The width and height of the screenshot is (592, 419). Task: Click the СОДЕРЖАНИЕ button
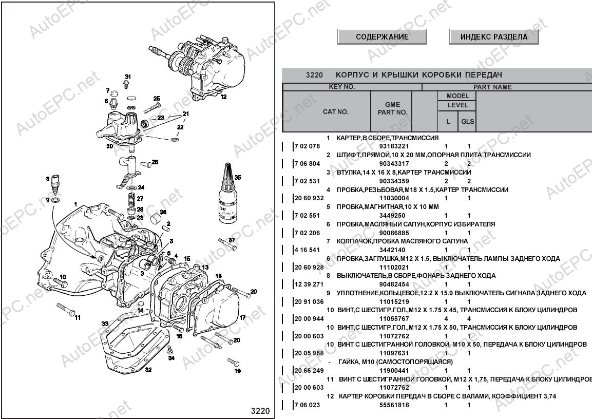click(x=382, y=36)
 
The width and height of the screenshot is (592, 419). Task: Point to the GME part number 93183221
click(x=394, y=146)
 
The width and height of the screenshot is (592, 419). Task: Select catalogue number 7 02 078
click(x=307, y=146)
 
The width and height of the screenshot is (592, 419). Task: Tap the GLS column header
click(x=467, y=122)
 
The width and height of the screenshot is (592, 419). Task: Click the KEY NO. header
click(x=342, y=86)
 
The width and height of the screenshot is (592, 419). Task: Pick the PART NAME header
click(x=493, y=87)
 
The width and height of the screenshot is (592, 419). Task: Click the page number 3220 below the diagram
click(x=260, y=411)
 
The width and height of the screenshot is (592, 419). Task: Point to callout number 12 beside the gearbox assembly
click(x=223, y=97)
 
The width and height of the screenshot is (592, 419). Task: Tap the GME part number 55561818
click(x=394, y=405)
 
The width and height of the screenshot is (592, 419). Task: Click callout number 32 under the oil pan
click(x=148, y=370)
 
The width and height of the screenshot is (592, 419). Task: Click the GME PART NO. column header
click(x=392, y=108)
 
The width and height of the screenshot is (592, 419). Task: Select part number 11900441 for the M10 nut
click(x=394, y=371)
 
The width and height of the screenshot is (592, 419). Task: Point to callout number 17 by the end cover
click(x=242, y=317)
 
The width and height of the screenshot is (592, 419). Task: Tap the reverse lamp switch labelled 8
click(x=55, y=183)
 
